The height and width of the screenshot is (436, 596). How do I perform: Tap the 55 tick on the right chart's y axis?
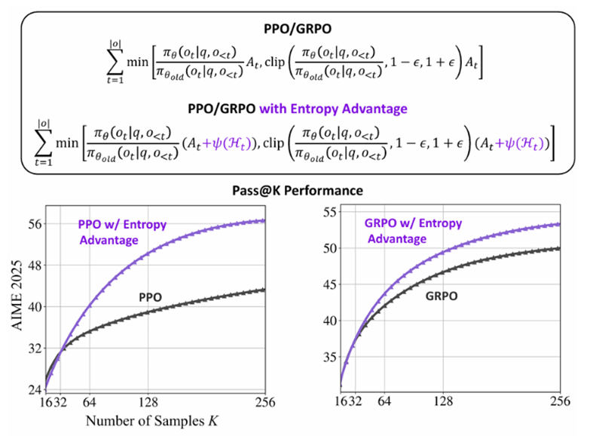coord(329,212)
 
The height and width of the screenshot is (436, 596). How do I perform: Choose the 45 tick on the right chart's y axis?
coord(329,284)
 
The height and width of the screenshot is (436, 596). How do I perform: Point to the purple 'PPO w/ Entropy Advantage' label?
coord(121,232)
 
